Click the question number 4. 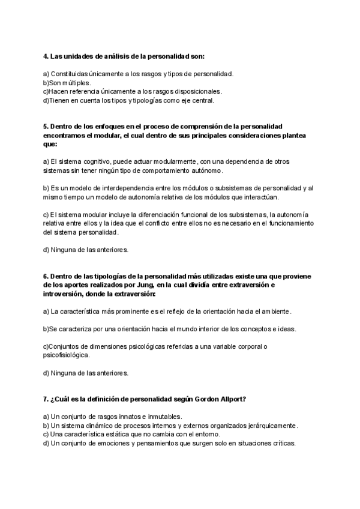click(x=46, y=56)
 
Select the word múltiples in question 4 click(x=75, y=82)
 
